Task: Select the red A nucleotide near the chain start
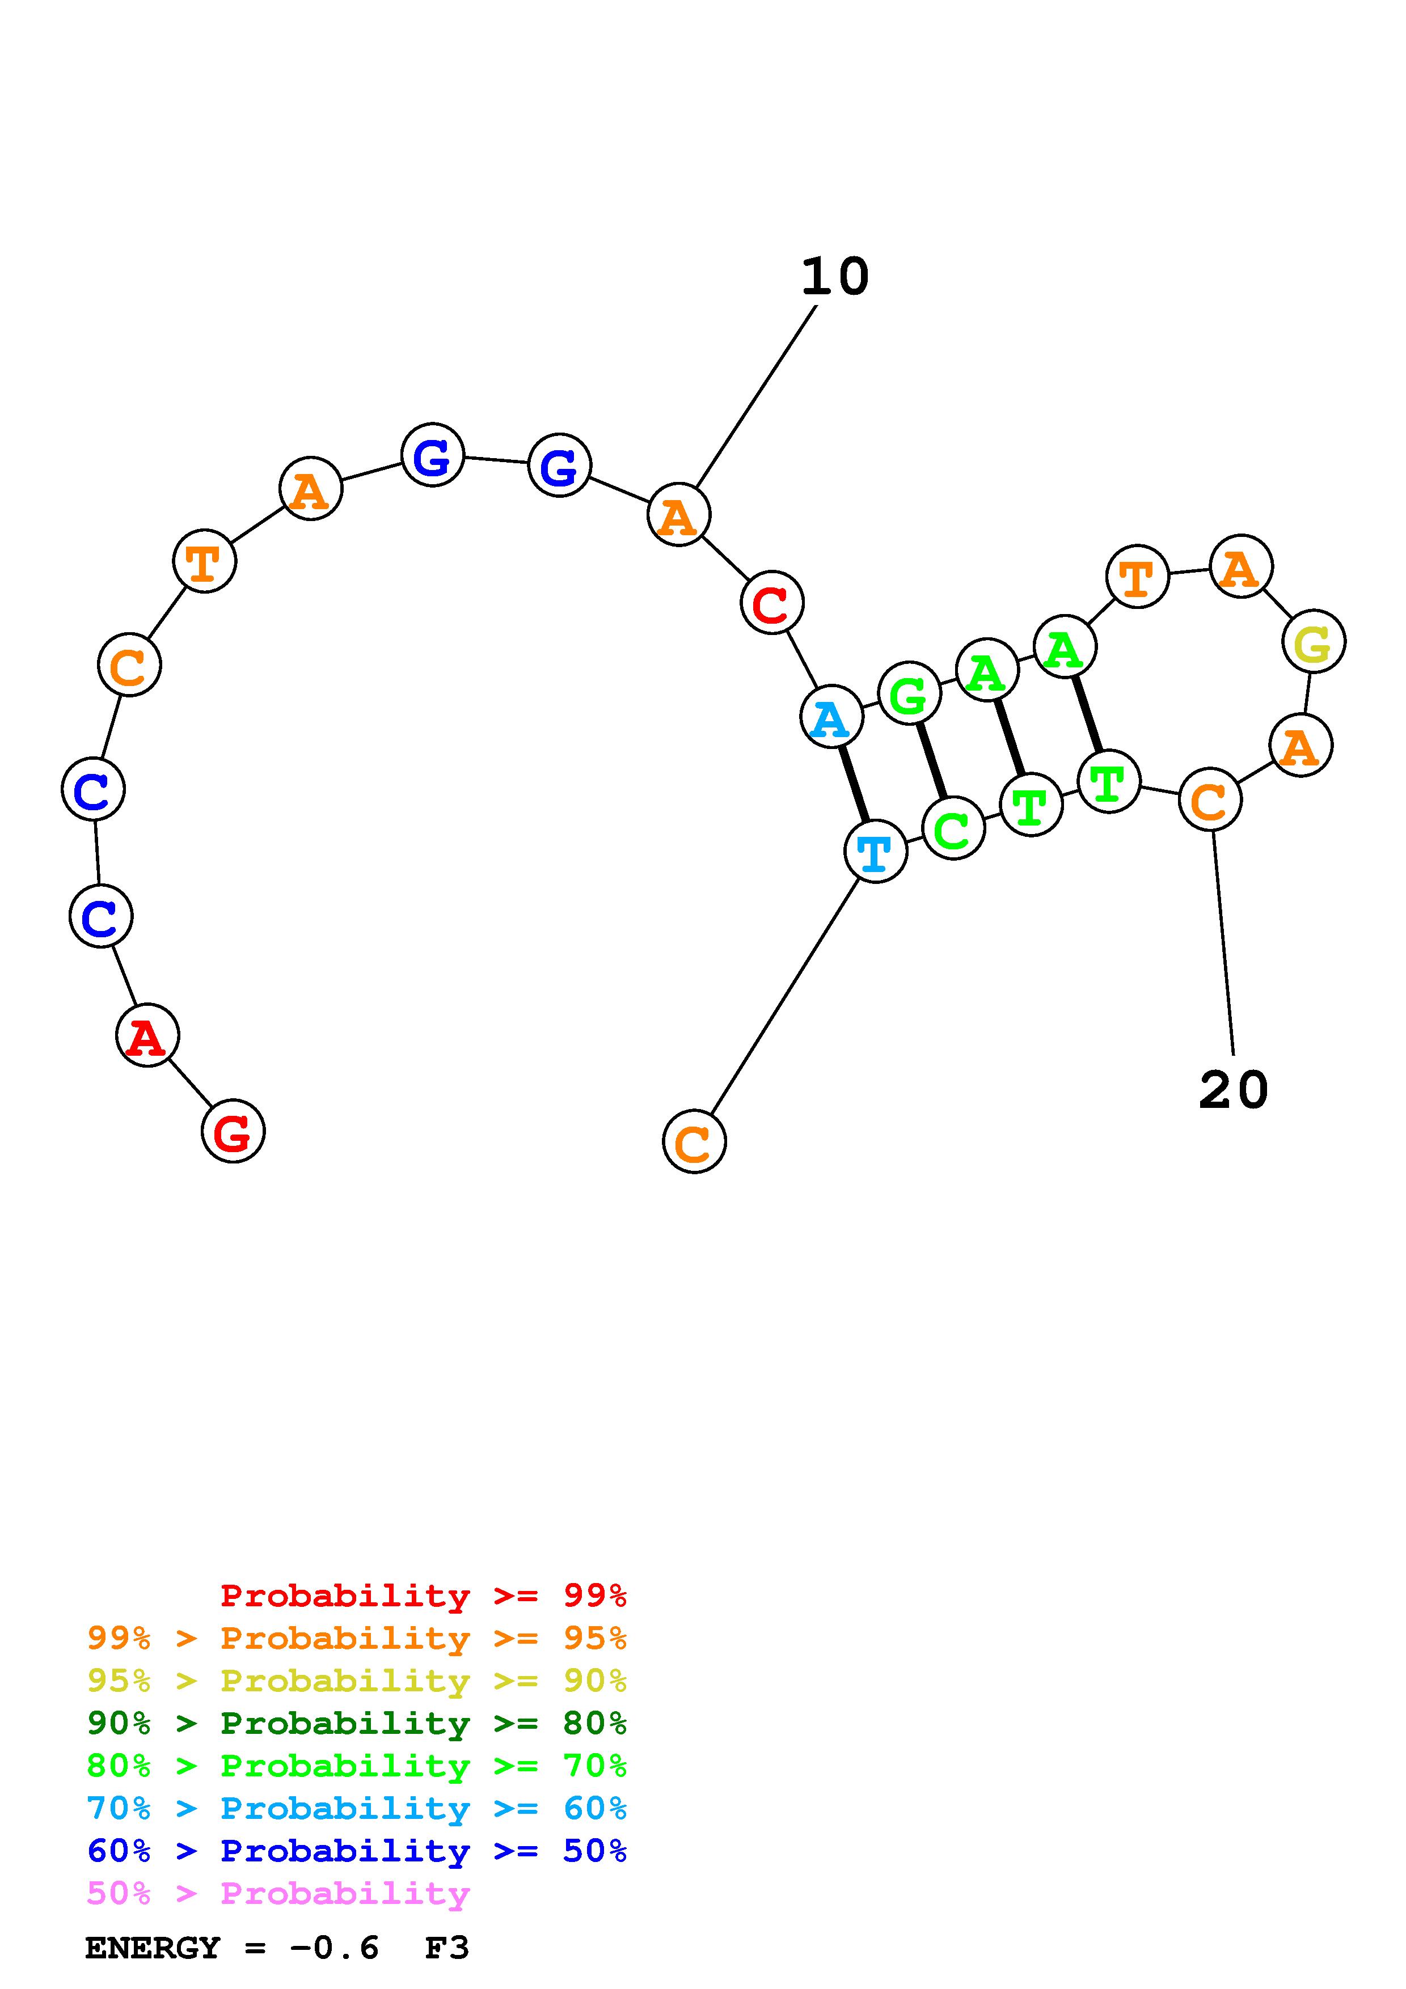click(147, 1035)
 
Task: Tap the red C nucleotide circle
click(772, 603)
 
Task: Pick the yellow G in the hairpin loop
click(1314, 642)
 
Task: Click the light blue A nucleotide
click(831, 717)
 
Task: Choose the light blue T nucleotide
click(875, 852)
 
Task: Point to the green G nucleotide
click(909, 693)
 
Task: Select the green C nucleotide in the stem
click(953, 829)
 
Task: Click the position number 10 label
click(834, 277)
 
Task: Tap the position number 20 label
click(1233, 1090)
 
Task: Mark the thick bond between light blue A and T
click(854, 784)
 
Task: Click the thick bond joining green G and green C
click(931, 760)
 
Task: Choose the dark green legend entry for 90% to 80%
click(356, 1723)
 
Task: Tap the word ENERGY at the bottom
click(153, 1948)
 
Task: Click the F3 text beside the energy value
click(446, 1948)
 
